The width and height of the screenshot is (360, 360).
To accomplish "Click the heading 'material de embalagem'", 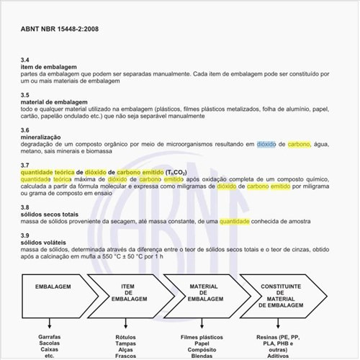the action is click(x=54, y=102).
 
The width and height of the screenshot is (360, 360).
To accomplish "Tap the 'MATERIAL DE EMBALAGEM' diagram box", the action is click(x=204, y=292).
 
